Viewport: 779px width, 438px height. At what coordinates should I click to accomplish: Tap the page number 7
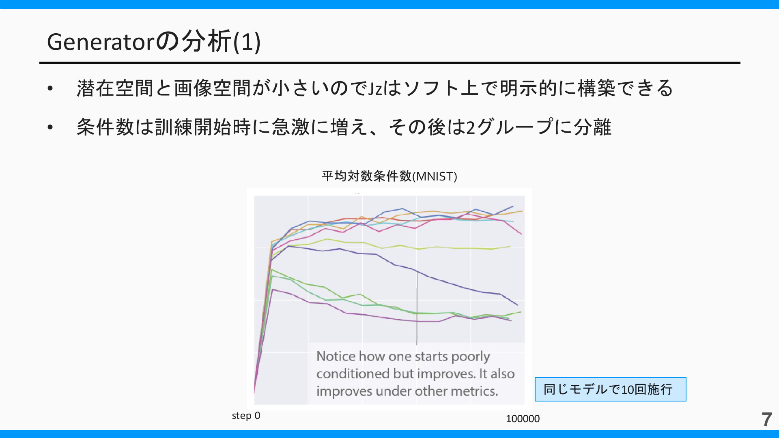[766, 419]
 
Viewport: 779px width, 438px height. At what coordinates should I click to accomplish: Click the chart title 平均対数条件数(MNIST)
[389, 176]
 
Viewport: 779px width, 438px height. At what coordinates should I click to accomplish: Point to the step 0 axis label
[246, 416]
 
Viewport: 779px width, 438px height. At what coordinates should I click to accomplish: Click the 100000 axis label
[523, 419]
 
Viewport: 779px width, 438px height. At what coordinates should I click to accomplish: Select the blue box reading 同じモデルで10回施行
[610, 389]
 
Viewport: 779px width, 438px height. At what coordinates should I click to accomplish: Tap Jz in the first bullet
[375, 88]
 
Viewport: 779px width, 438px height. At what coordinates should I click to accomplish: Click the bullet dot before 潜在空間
[50, 89]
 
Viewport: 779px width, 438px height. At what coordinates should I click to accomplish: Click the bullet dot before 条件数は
[50, 128]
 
